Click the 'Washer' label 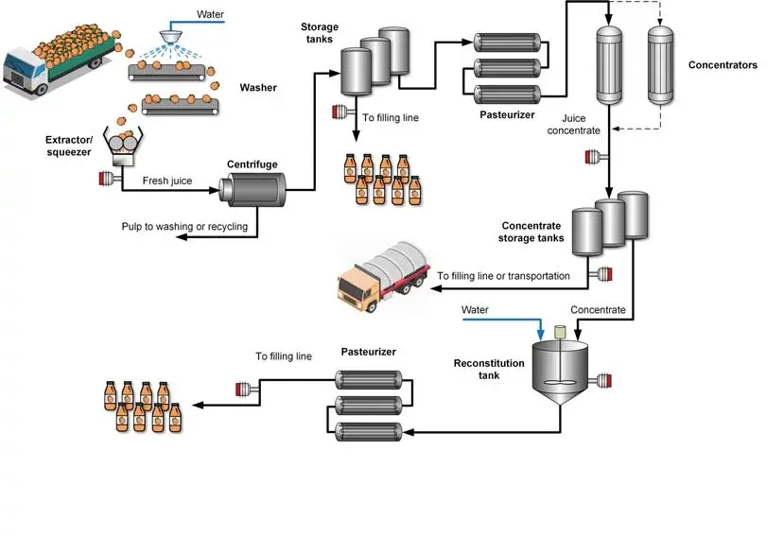coord(258,88)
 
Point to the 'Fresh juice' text coord(167,181)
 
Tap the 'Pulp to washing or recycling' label coord(184,227)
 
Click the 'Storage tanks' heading coord(320,33)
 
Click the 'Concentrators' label coord(723,65)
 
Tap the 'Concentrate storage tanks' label coord(531,232)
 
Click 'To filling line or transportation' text coord(503,276)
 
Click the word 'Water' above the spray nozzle coord(209,14)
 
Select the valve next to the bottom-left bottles coord(244,387)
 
